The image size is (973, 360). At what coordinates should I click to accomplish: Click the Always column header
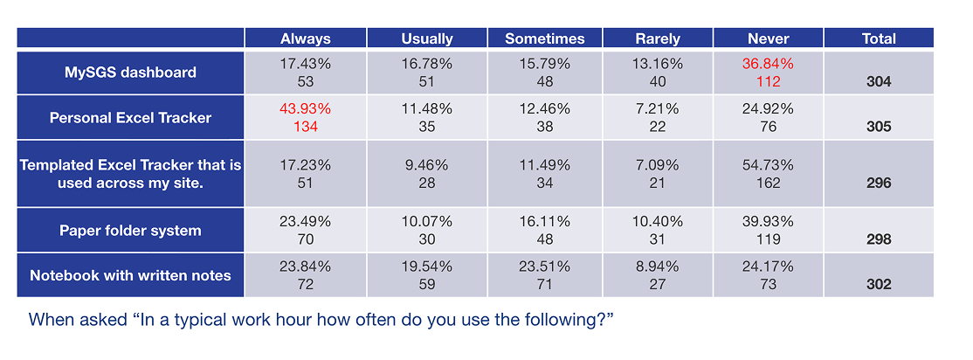pyautogui.click(x=305, y=38)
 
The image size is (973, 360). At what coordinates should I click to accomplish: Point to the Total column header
pyautogui.click(x=879, y=38)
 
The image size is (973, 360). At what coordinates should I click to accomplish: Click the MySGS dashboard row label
pyautogui.click(x=130, y=73)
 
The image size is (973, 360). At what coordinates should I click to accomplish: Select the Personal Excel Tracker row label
pyautogui.click(x=130, y=118)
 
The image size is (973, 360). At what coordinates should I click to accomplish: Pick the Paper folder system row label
pyautogui.click(x=130, y=231)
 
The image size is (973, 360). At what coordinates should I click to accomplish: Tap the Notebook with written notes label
pyautogui.click(x=130, y=275)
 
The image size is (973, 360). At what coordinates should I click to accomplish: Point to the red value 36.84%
pyautogui.click(x=769, y=64)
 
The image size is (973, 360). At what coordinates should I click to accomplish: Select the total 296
pyautogui.click(x=879, y=183)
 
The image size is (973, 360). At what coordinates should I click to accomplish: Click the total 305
pyautogui.click(x=879, y=127)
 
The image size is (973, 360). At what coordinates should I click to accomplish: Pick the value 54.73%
pyautogui.click(x=769, y=165)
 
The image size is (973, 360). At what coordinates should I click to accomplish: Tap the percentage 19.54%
pyautogui.click(x=426, y=267)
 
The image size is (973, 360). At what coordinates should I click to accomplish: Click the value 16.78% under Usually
pyautogui.click(x=426, y=64)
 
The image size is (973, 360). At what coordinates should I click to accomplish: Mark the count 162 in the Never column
pyautogui.click(x=769, y=183)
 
